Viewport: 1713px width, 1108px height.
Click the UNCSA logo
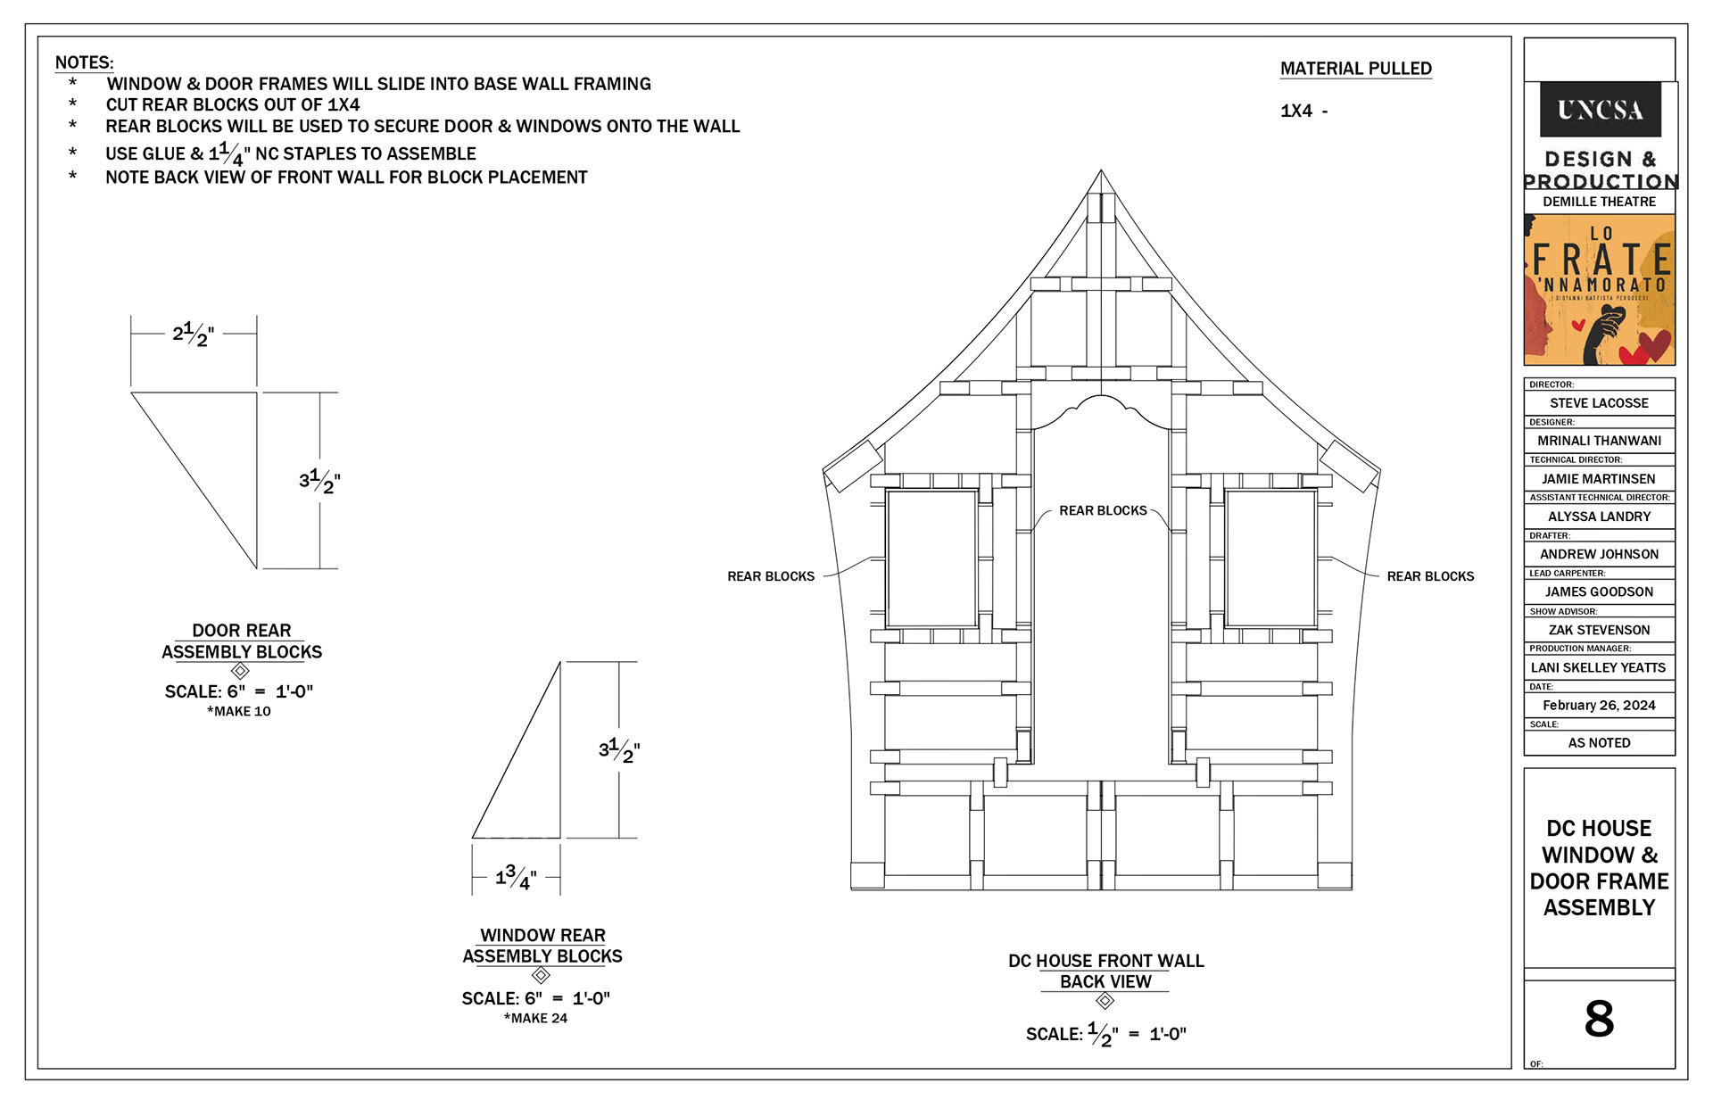tap(1600, 110)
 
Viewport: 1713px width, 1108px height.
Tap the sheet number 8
tap(1599, 1018)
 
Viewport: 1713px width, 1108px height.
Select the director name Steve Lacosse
tap(1599, 403)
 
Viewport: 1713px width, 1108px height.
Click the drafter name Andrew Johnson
tap(1599, 554)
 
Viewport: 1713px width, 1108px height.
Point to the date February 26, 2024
tap(1599, 705)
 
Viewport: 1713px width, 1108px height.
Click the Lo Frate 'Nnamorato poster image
tap(1600, 289)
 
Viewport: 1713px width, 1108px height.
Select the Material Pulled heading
tap(1356, 69)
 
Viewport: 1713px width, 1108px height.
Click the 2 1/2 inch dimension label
tap(194, 335)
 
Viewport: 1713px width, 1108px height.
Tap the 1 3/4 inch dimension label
tap(517, 877)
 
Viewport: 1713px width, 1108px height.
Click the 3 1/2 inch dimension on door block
tap(319, 481)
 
